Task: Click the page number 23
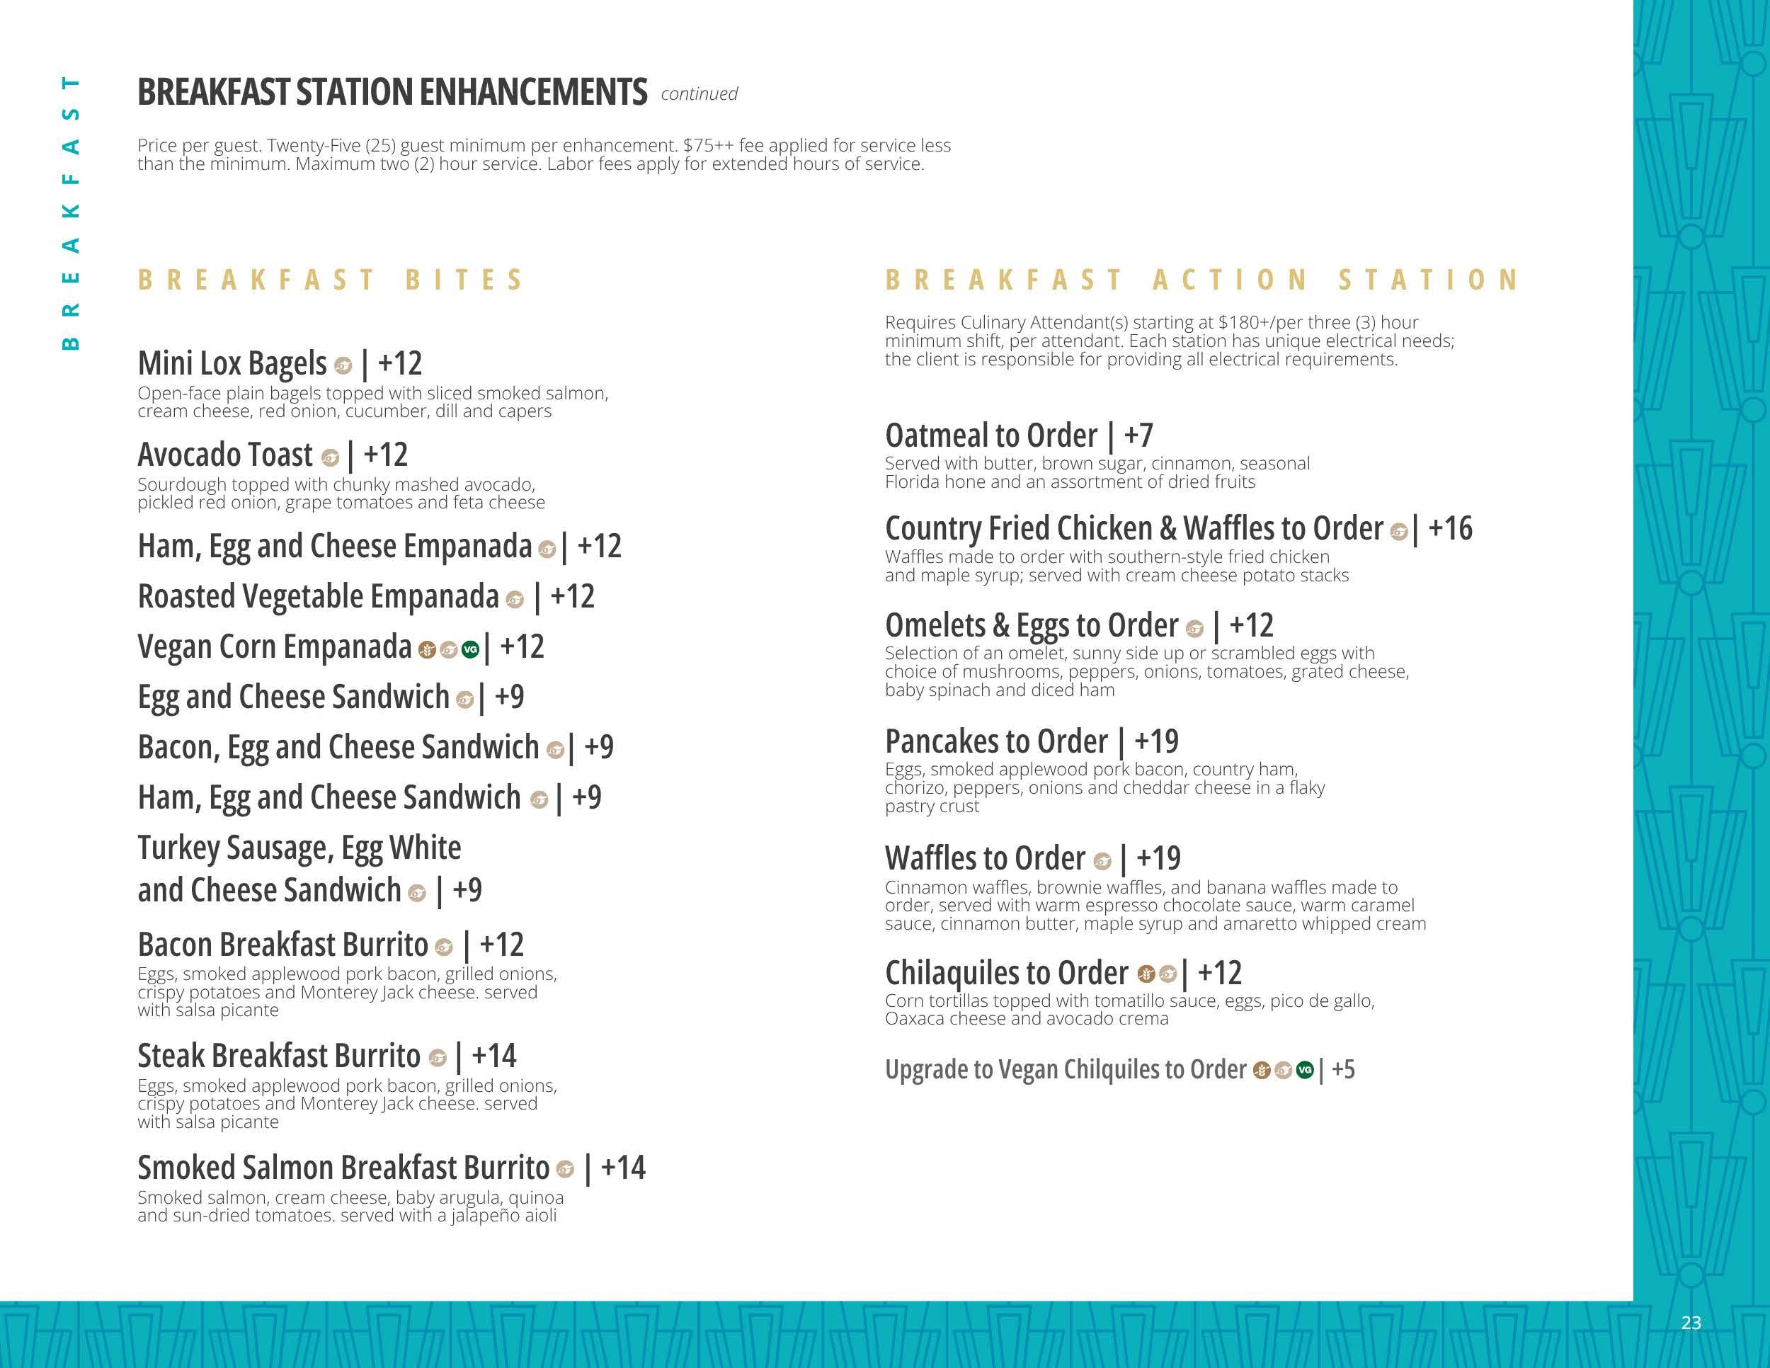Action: coord(1691,1323)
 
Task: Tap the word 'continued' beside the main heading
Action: coord(699,94)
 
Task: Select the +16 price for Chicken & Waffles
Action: coord(1450,528)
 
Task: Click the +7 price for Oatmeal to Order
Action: coord(1138,436)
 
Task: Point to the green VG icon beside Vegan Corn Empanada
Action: coord(470,649)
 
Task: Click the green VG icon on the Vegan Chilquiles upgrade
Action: coord(1304,1071)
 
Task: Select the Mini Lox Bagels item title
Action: coord(232,363)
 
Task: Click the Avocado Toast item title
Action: coord(224,455)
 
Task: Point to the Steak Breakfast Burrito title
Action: coord(279,1056)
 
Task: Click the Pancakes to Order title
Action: coord(995,741)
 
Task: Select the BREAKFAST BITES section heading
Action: coord(331,280)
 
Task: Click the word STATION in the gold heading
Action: coord(1428,280)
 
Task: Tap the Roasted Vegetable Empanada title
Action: coord(318,596)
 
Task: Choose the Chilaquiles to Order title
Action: coord(1006,972)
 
